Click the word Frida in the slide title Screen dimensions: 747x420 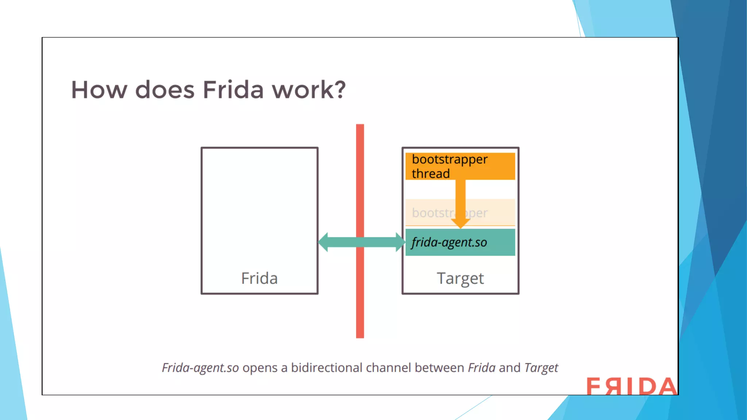tap(233, 90)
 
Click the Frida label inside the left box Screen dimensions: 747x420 tap(259, 278)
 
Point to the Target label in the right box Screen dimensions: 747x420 tap(460, 279)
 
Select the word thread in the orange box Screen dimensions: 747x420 tap(430, 174)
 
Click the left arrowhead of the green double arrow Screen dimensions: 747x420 tap(323, 242)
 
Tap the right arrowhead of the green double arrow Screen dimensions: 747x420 tap(400, 242)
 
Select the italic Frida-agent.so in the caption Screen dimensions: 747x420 tap(200, 368)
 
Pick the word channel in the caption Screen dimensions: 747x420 tap(388, 367)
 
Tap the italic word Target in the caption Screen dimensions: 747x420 tap(541, 368)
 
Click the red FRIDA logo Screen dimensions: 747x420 tap(631, 386)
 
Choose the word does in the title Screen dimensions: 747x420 tap(165, 90)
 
